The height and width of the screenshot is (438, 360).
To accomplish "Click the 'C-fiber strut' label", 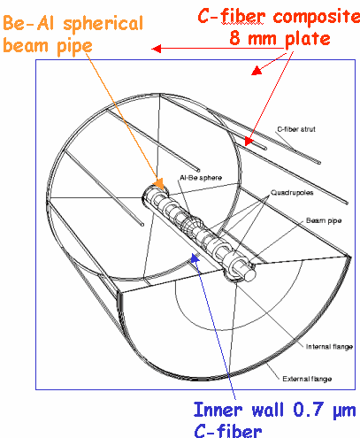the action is pyautogui.click(x=296, y=129).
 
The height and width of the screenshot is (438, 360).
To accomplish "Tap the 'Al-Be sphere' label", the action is pyautogui.click(x=201, y=178).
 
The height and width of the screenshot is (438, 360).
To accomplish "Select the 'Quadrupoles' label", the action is pyautogui.click(x=292, y=193).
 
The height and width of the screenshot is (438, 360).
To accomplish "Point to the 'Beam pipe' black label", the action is pyautogui.click(x=324, y=220).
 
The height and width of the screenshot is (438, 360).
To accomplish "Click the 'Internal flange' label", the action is pyautogui.click(x=329, y=347).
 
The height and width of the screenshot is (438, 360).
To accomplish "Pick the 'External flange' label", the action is pyautogui.click(x=307, y=379).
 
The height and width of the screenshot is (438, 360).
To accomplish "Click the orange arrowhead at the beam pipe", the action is pyautogui.click(x=159, y=184).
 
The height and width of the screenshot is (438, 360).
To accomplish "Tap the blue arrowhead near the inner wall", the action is pyautogui.click(x=195, y=257).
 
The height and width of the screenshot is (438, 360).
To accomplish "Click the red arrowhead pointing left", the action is pyautogui.click(x=156, y=49).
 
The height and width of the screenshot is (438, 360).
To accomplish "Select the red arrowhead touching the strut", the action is pyautogui.click(x=248, y=142).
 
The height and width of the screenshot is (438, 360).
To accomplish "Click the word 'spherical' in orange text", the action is pyautogui.click(x=103, y=25).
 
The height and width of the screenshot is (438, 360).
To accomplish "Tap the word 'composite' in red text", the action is pyautogui.click(x=316, y=17).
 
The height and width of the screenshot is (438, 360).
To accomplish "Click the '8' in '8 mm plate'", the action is pyautogui.click(x=234, y=38).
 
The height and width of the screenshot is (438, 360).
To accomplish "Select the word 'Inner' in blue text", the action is pyautogui.click(x=218, y=410).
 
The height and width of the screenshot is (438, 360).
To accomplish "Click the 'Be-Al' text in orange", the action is pyautogui.click(x=28, y=23).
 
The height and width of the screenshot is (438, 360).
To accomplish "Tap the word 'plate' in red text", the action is pyautogui.click(x=307, y=40).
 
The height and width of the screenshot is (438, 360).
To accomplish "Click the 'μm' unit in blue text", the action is pyautogui.click(x=344, y=411).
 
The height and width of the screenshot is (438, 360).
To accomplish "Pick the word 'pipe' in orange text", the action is pyautogui.click(x=74, y=47).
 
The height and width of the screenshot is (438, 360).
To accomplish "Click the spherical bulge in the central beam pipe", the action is pyautogui.click(x=191, y=227).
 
